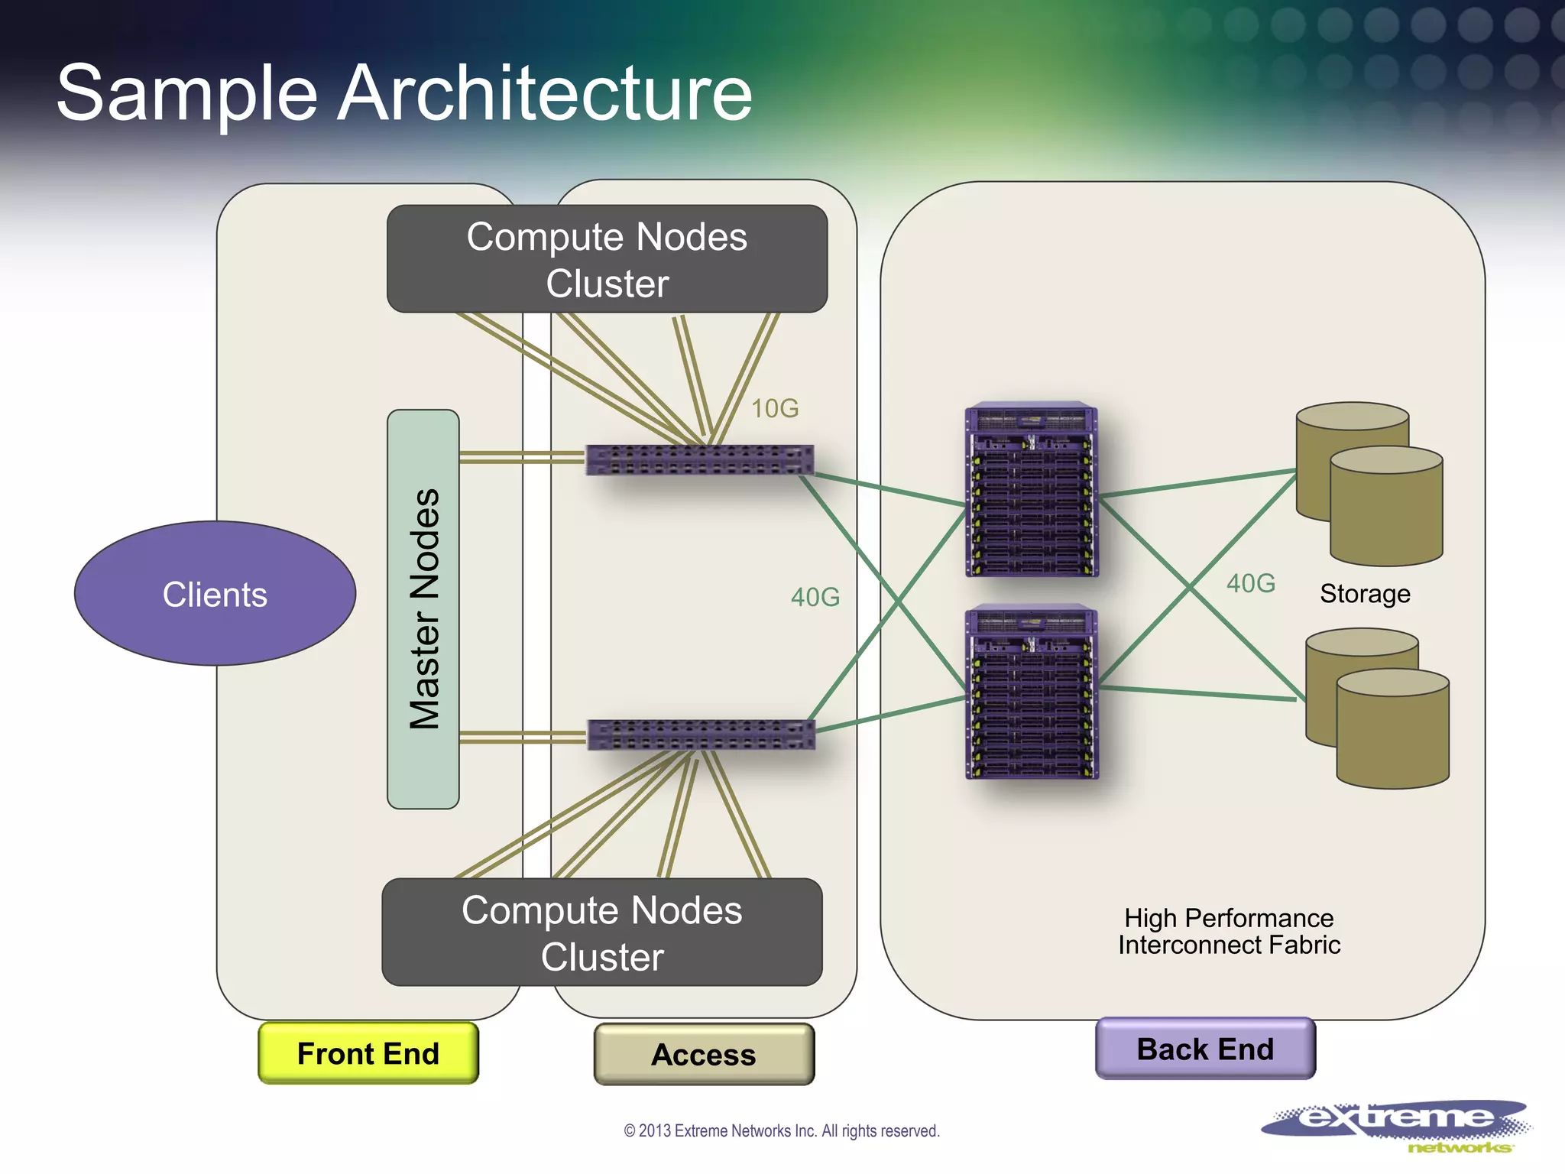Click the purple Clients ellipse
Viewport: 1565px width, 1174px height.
[x=215, y=594]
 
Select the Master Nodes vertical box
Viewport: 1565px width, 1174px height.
[x=423, y=609]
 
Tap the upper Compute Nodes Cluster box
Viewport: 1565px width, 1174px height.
[x=607, y=259]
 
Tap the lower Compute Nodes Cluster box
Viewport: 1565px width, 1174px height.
[x=602, y=932]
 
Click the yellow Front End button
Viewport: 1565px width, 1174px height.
[x=368, y=1053]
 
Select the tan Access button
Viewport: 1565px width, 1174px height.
[x=704, y=1055]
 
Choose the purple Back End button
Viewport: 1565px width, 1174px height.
[x=1205, y=1049]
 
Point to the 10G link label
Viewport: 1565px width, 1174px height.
[x=775, y=409]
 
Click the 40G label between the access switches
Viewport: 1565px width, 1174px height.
[x=815, y=597]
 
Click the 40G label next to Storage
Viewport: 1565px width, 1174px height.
[x=1250, y=583]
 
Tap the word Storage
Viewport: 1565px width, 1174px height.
[x=1365, y=594]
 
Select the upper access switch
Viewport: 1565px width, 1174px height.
[x=699, y=459]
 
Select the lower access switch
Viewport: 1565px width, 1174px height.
[x=701, y=735]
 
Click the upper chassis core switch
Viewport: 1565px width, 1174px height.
[x=1032, y=489]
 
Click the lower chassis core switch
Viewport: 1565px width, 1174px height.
[x=1032, y=692]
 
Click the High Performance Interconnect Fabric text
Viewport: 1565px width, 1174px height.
[x=1229, y=931]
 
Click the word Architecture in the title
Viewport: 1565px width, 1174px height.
[x=545, y=93]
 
